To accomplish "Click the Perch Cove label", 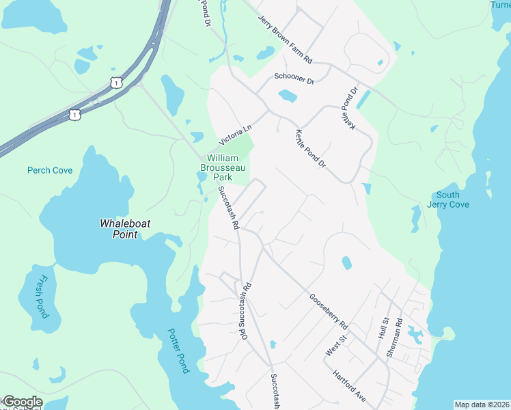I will coord(49,170).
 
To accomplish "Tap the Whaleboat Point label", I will coord(119,229).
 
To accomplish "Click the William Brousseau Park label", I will coord(222,167).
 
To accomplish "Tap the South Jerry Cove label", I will coord(448,200).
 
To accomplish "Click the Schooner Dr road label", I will coord(293,79).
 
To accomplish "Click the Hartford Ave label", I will coord(350,386).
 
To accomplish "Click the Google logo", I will coord(22,402).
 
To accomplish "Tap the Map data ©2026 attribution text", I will coord(482,405).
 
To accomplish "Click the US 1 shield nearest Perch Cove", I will coord(74,113).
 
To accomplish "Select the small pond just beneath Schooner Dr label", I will coord(288,96).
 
